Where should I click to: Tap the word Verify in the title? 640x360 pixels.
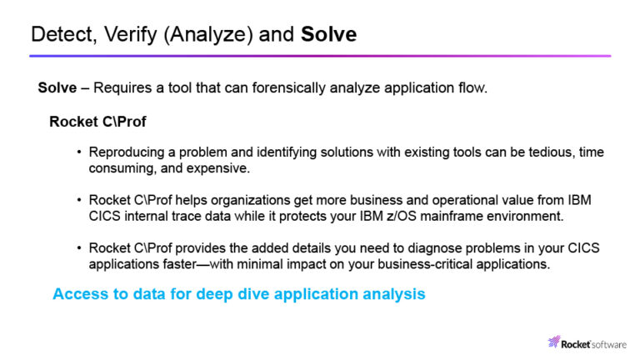(118, 35)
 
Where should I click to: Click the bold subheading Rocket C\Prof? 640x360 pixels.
(97, 122)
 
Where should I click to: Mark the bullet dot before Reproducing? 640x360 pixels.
(79, 153)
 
